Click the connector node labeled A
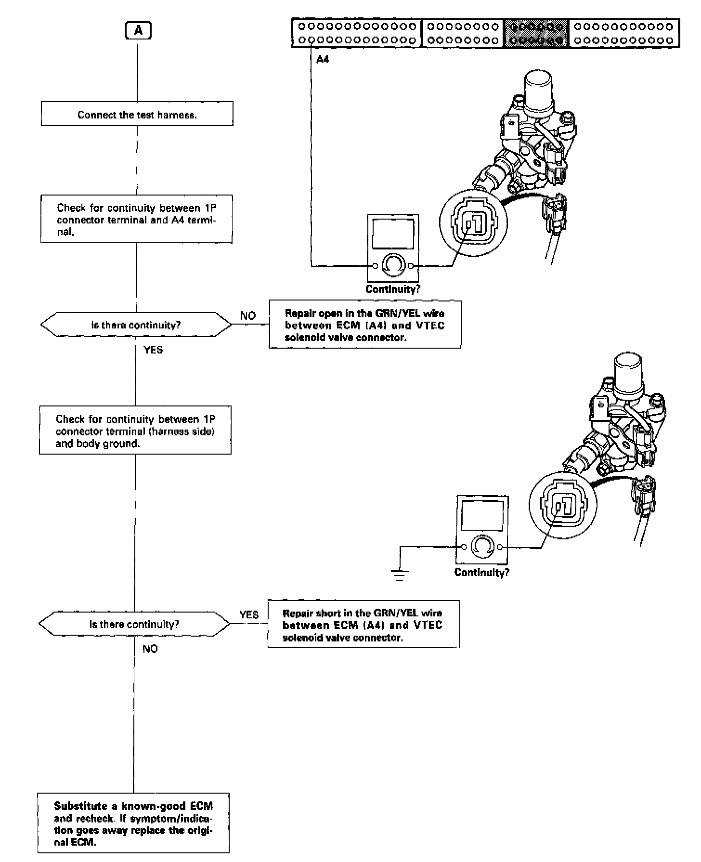point(138,31)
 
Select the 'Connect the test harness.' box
point(137,114)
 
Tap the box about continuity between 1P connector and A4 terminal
point(136,219)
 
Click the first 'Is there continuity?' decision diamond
point(136,325)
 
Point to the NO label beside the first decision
point(248,316)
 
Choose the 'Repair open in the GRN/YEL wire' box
point(364,325)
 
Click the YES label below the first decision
point(153,350)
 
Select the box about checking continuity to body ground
point(135,431)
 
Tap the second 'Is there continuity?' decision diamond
point(134,624)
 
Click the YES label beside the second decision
point(249,615)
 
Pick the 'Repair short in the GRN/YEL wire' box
point(363,625)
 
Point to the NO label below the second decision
point(150,649)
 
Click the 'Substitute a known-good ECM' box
point(133,823)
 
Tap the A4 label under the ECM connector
point(323,60)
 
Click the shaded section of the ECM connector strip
point(536,33)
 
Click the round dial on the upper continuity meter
point(393,265)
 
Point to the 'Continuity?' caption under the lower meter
point(481,572)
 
